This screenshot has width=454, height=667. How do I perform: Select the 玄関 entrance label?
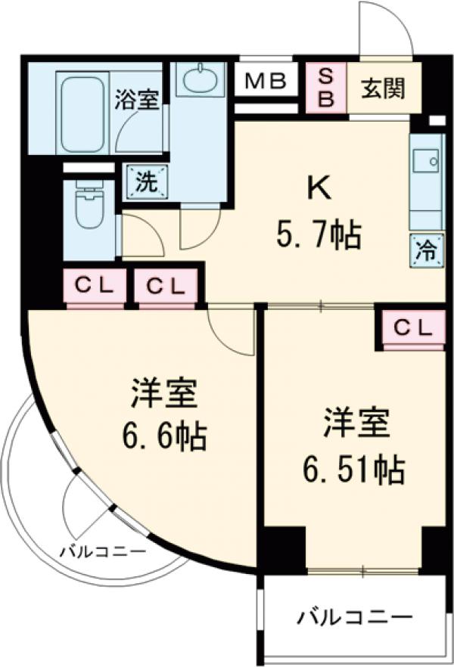click(383, 88)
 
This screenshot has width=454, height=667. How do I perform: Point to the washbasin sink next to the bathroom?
click(200, 79)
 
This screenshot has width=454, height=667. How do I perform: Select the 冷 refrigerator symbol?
click(426, 250)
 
